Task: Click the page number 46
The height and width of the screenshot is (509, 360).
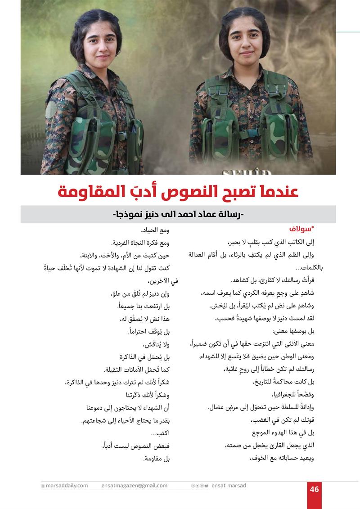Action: (x=314, y=489)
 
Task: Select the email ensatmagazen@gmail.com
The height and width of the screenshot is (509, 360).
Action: (x=134, y=486)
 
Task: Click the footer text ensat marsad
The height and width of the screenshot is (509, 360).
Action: (x=229, y=486)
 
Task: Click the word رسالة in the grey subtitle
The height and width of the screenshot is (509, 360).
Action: (x=229, y=215)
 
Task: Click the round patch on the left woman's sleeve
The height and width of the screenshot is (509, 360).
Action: (x=51, y=110)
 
